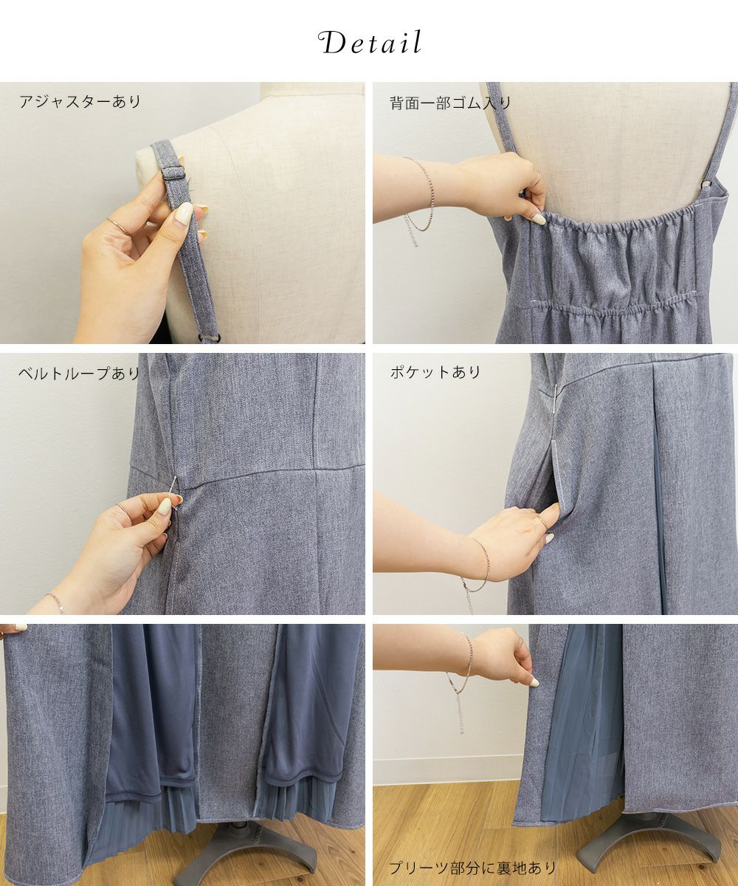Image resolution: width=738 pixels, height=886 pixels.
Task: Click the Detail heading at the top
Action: click(370, 42)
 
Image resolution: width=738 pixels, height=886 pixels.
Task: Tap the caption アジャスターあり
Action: click(80, 102)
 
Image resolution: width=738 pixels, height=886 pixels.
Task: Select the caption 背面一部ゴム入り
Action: click(450, 103)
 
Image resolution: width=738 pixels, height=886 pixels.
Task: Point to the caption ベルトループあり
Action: click(79, 374)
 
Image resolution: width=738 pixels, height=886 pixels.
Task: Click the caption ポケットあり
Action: click(435, 373)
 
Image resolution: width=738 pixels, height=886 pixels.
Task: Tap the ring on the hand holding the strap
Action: click(118, 226)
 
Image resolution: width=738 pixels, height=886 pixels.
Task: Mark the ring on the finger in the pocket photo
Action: click(542, 521)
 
